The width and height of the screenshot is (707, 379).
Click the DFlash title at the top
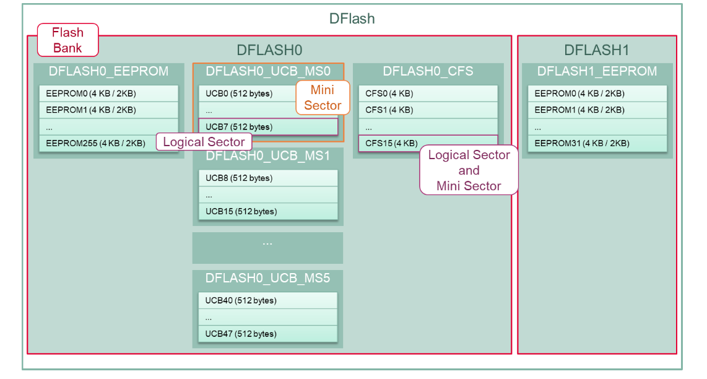pos(352,19)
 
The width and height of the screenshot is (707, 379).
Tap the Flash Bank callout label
pos(67,40)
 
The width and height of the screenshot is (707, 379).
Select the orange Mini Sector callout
pos(323,98)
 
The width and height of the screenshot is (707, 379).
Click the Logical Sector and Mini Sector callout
pos(469,170)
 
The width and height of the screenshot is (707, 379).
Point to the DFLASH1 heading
pos(596,50)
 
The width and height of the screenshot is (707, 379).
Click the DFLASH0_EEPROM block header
pos(108,71)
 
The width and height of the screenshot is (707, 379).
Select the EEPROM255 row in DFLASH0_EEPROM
pos(95,143)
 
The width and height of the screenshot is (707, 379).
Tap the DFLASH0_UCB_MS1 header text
pos(267,155)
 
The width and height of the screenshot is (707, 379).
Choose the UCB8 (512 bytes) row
pos(267,178)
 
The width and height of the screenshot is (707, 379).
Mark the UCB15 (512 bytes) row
pos(267,211)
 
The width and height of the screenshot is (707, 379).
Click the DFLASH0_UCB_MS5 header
pos(267,278)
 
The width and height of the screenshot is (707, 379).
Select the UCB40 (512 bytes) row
pos(267,300)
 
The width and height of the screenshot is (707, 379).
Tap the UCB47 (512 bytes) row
pos(267,334)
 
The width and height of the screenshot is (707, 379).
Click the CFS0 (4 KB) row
pos(428,94)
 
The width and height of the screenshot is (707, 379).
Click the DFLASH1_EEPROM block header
pos(597,71)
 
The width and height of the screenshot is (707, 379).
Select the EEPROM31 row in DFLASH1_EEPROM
pos(597,143)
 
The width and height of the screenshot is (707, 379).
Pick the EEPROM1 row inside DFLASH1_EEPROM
pos(597,110)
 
